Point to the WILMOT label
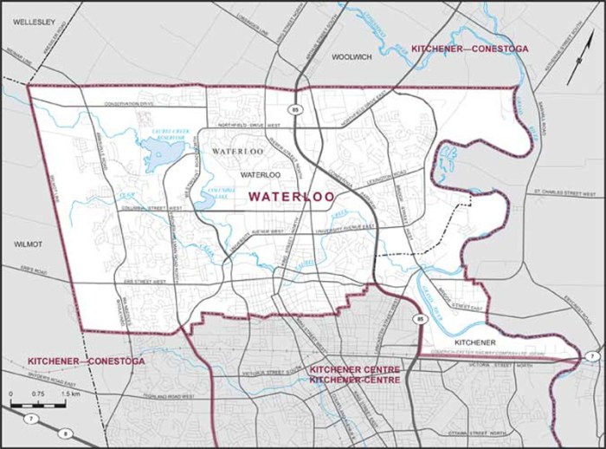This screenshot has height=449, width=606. click(x=27, y=245)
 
